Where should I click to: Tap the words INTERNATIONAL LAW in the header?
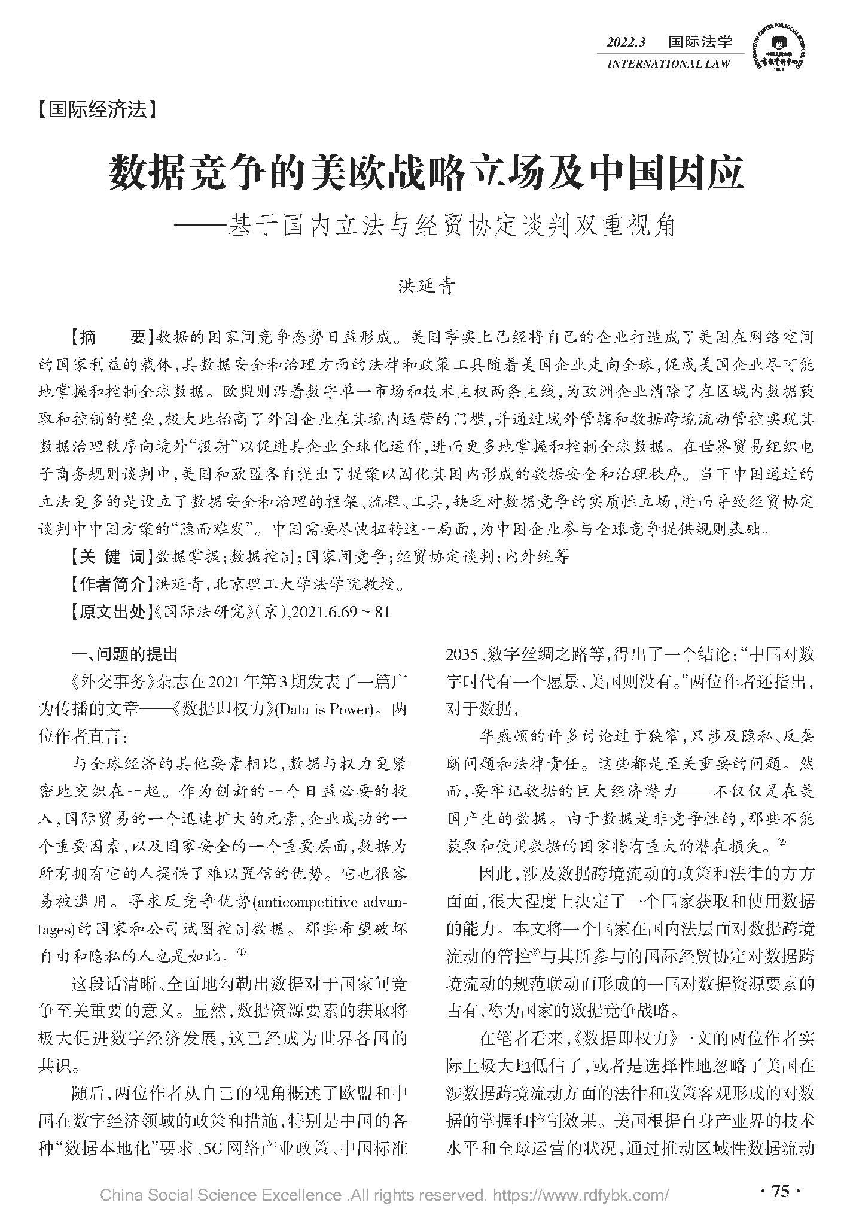[668, 63]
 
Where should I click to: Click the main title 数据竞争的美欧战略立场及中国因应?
[426, 173]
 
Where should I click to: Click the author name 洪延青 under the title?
[426, 286]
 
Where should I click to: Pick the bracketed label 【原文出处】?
[109, 611]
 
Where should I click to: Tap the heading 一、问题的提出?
[124, 654]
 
